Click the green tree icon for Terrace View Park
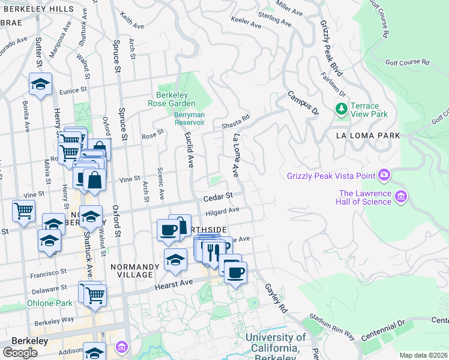[342, 109]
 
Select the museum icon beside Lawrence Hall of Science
[402, 196]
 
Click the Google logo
[20, 352]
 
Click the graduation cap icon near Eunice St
[40, 85]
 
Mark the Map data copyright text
[423, 355]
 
